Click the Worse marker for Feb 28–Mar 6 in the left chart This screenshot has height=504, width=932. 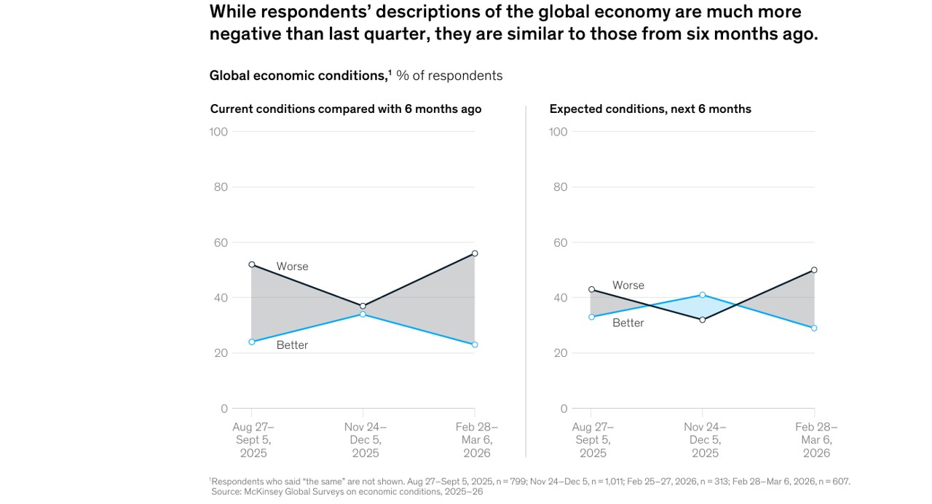[475, 253]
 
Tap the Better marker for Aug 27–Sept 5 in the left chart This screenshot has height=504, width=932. [252, 342]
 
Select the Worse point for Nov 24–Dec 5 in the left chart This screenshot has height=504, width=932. [363, 306]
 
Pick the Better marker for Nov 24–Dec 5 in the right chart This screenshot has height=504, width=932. [703, 295]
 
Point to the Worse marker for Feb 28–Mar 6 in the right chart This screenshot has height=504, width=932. [814, 270]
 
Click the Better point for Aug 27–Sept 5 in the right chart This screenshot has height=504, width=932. [591, 317]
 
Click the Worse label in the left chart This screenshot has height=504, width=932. [292, 267]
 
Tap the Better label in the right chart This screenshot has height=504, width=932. [628, 323]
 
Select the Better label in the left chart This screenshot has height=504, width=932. [292, 345]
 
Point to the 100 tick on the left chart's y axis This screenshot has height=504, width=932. [218, 132]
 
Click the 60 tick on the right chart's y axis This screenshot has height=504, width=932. [559, 243]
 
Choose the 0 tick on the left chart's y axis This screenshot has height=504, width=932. [224, 409]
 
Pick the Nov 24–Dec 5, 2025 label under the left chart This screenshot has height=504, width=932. [366, 440]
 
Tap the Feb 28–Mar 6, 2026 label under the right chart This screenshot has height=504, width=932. [816, 440]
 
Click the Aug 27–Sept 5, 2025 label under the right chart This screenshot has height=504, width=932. [593, 440]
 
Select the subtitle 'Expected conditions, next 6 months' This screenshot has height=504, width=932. [650, 109]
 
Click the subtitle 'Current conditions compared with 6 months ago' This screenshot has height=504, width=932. [346, 109]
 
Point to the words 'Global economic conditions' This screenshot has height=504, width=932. [298, 76]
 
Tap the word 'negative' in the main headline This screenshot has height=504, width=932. [244, 34]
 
